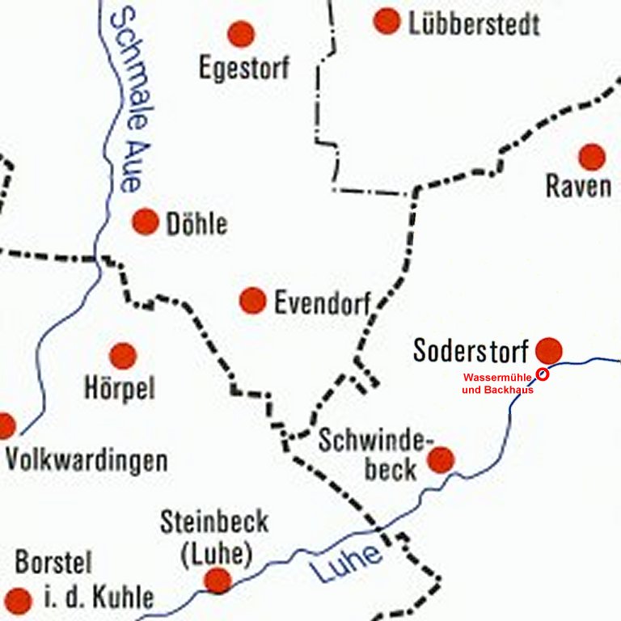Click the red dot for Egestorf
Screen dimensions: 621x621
click(240, 34)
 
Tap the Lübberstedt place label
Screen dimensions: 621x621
click(474, 24)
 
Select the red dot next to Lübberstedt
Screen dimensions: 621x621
click(387, 21)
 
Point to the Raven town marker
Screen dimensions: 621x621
click(592, 157)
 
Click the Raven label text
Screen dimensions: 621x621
click(578, 186)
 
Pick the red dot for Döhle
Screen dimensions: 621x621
click(146, 222)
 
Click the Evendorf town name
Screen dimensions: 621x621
click(322, 304)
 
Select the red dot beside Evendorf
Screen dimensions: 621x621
click(253, 301)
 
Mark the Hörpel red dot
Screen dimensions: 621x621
click(123, 355)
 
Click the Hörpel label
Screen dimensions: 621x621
click(120, 389)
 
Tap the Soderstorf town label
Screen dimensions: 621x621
click(471, 351)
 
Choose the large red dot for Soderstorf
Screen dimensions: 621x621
click(549, 350)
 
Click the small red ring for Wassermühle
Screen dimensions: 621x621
click(543, 374)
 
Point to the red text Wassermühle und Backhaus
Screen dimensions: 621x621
click(498, 383)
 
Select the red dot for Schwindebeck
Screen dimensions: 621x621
click(441, 460)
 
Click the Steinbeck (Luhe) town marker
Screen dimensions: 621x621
click(218, 580)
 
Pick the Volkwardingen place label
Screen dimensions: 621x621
click(87, 462)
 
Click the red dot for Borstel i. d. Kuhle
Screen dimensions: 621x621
click(18, 600)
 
